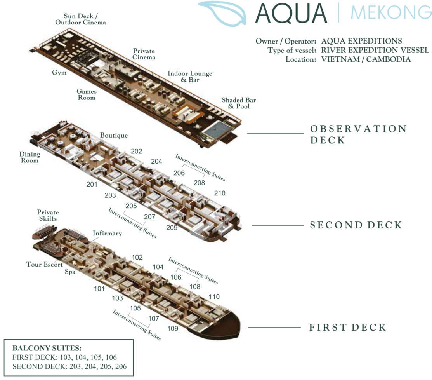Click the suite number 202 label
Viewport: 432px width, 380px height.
click(x=136, y=152)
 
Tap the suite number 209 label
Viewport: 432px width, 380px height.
click(x=172, y=227)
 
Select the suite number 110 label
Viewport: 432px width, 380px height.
click(x=214, y=297)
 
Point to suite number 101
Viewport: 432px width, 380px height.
click(x=99, y=289)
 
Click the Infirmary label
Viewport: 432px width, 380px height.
click(x=107, y=234)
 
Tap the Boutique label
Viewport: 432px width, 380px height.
click(x=114, y=136)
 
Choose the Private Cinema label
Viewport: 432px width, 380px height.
click(x=144, y=54)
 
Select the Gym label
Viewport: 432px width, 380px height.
click(x=59, y=73)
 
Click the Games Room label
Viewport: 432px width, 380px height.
click(x=86, y=94)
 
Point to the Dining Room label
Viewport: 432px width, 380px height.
click(x=29, y=157)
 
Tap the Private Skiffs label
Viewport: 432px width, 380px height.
click(x=48, y=215)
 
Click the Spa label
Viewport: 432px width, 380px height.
click(x=70, y=272)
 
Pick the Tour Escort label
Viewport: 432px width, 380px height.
click(x=45, y=265)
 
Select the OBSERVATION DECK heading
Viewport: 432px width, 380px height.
click(x=358, y=134)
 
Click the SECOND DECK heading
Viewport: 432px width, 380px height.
click(x=356, y=225)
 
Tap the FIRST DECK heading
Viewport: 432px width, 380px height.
click(x=348, y=328)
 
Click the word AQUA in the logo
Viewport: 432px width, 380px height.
click(x=291, y=14)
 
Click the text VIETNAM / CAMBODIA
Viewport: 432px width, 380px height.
click(x=366, y=59)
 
